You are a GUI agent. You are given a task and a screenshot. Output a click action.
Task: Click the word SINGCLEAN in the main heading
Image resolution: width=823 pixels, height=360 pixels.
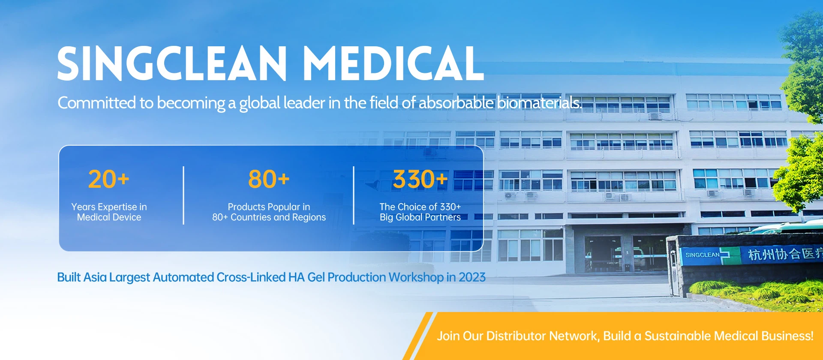click(x=172, y=63)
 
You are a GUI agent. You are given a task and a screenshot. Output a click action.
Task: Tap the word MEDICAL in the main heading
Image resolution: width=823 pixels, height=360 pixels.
click(x=393, y=63)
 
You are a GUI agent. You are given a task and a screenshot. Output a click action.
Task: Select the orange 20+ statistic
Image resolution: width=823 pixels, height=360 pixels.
click(x=108, y=179)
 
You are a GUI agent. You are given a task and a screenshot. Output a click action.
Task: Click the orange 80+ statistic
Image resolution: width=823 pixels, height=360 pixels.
click(x=269, y=179)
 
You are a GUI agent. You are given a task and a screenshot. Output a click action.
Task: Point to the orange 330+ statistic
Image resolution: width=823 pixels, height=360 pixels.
click(x=420, y=179)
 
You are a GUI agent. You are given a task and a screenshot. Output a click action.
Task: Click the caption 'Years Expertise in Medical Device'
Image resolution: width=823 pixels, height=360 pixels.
click(x=109, y=212)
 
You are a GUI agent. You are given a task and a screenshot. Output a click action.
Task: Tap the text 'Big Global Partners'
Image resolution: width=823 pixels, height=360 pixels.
click(x=420, y=217)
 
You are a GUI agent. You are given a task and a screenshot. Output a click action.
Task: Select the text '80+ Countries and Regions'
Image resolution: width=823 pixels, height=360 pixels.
click(x=269, y=217)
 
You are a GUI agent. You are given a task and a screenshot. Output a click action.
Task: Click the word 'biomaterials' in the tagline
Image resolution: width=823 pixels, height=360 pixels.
click(x=539, y=103)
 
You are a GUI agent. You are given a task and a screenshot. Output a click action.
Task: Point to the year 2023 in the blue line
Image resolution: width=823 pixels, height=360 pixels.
click(x=472, y=277)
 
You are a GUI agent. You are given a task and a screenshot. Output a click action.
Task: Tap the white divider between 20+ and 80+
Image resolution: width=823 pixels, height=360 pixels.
click(x=183, y=195)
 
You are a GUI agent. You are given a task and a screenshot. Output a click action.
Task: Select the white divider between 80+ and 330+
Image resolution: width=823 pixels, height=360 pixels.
click(x=354, y=195)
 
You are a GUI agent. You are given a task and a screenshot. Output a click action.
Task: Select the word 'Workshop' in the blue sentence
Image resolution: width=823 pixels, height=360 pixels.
click(x=416, y=277)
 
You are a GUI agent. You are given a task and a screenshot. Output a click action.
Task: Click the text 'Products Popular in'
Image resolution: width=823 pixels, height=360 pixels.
click(x=269, y=207)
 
